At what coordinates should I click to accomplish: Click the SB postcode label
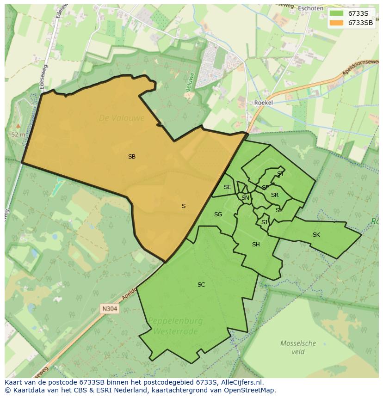pos(132,157)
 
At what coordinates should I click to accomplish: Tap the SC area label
pos(201,285)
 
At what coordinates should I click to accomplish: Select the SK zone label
pos(316,235)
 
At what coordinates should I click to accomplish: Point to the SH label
pos(256,245)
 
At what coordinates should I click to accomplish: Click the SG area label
pos(218,214)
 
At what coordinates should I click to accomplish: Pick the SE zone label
pos(227,187)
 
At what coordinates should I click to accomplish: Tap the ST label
pos(280,174)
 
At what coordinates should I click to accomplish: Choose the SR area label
pos(275,195)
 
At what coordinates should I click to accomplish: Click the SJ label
pos(264,222)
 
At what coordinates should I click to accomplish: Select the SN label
pos(245,198)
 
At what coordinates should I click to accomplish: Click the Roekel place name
pos(264,103)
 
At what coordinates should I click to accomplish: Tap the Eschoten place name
pos(310,8)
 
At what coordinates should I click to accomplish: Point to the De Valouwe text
pos(122,118)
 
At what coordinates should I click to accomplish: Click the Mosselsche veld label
pos(298,347)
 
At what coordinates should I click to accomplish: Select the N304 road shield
pos(110,308)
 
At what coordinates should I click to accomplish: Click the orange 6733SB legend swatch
pos(337,22)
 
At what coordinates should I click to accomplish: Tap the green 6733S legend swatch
pos(337,13)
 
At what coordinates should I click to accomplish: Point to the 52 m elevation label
pos(18,135)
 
